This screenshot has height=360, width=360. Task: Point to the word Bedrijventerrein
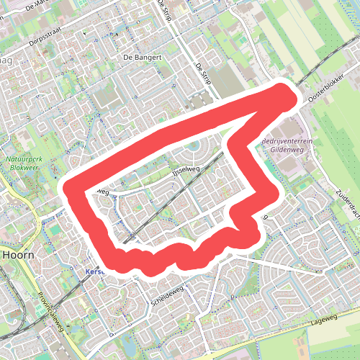287,142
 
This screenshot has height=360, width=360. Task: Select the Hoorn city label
16,254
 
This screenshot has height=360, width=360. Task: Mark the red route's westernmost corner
72,190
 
